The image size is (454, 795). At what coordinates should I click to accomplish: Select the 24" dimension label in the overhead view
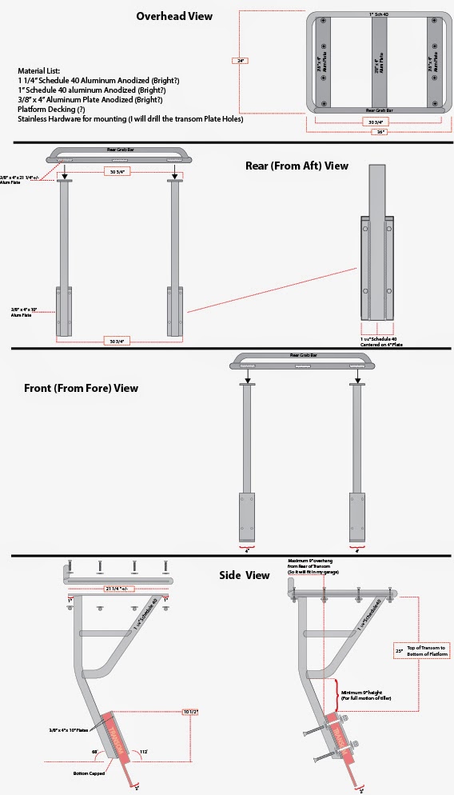pos(237,59)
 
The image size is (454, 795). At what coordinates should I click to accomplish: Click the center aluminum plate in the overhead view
pos(379,60)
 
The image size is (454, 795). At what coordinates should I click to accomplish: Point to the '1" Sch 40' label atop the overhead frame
pos(379,15)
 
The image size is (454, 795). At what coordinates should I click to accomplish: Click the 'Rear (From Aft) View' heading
pos(297,166)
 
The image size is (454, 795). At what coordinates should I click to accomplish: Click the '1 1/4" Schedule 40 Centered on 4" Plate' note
pos(379,342)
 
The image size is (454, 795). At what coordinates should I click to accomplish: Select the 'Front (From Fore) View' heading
pos(82,388)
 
